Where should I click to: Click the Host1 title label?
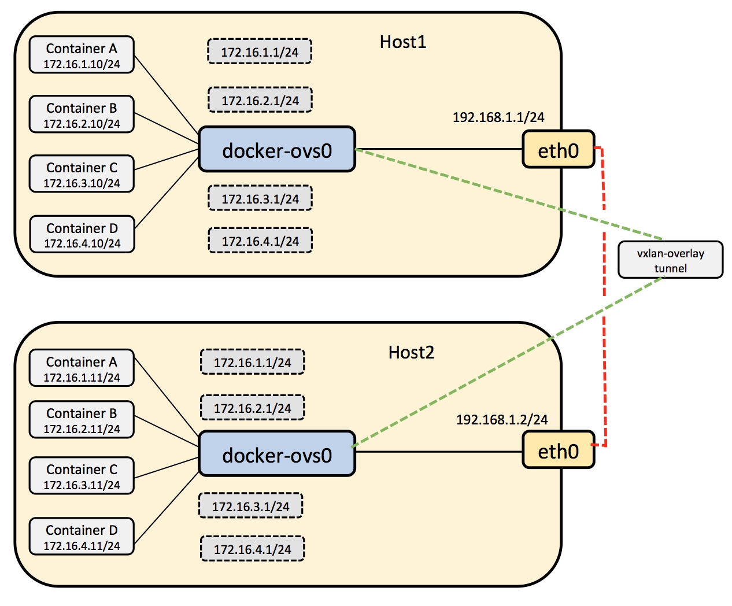[x=403, y=42]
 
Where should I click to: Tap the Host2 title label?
[x=411, y=353]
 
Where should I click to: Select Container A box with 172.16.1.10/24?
[x=82, y=55]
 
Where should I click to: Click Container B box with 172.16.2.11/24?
[x=82, y=420]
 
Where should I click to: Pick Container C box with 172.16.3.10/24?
[x=82, y=173]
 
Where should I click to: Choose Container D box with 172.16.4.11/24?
[x=82, y=536]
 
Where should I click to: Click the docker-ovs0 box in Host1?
[x=277, y=149]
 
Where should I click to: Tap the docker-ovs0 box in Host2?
[x=277, y=453]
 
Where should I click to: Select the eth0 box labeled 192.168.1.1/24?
[x=559, y=149]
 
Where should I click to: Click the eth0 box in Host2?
[x=559, y=450]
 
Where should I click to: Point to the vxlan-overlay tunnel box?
[x=670, y=260]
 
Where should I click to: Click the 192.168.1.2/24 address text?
[x=502, y=420]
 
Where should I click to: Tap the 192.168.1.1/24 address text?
[x=498, y=117]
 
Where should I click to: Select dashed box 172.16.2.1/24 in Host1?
[x=260, y=100]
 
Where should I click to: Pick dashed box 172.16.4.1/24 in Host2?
[x=253, y=549]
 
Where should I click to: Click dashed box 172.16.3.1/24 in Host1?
[x=260, y=198]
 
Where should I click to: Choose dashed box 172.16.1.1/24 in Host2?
[x=253, y=362]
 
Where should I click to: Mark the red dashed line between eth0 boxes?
[x=604, y=297]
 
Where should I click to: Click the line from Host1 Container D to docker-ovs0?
[x=167, y=193]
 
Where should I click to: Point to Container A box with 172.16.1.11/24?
[x=82, y=368]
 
